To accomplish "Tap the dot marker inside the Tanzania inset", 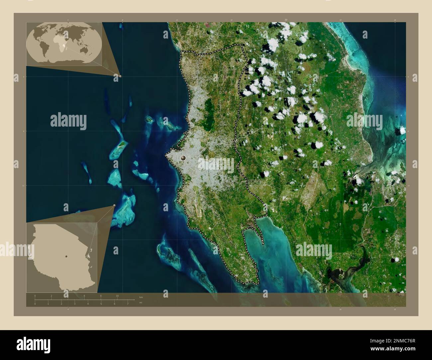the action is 66,256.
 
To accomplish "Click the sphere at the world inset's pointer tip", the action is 120,76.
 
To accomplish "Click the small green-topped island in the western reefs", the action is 122,144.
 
